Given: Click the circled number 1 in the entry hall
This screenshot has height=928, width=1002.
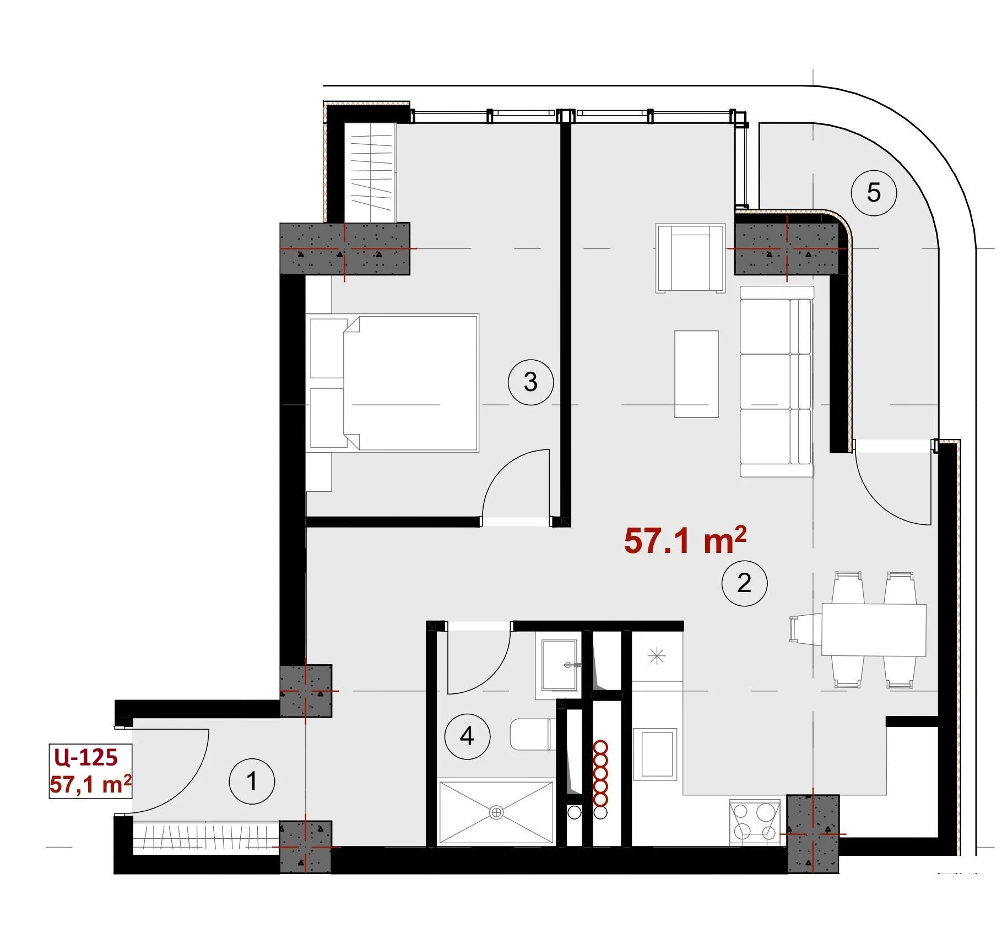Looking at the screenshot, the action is [252, 781].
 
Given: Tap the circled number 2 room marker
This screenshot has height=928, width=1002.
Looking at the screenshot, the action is [744, 583].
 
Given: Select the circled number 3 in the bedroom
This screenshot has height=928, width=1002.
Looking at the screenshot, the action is [530, 382].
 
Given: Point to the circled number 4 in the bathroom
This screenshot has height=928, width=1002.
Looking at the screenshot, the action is [467, 736].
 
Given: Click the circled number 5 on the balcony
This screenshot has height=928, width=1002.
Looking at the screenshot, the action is [874, 193].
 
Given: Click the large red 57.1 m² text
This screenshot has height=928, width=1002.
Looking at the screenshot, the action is [685, 540].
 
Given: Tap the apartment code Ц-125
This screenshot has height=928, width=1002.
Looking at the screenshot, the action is [86, 757].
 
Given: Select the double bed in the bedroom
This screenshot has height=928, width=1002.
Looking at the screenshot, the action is [392, 383].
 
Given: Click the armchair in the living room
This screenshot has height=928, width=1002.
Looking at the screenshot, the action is [690, 258].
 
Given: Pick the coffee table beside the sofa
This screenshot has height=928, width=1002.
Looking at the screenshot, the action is [696, 374].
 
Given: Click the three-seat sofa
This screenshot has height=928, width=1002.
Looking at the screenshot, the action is [777, 381].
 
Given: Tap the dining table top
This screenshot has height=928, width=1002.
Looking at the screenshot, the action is [874, 629].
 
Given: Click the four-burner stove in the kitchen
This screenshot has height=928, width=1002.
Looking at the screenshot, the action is [755, 822].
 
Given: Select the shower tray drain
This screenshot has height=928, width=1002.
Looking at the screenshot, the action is [496, 812].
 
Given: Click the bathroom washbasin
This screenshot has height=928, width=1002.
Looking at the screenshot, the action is [559, 666].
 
